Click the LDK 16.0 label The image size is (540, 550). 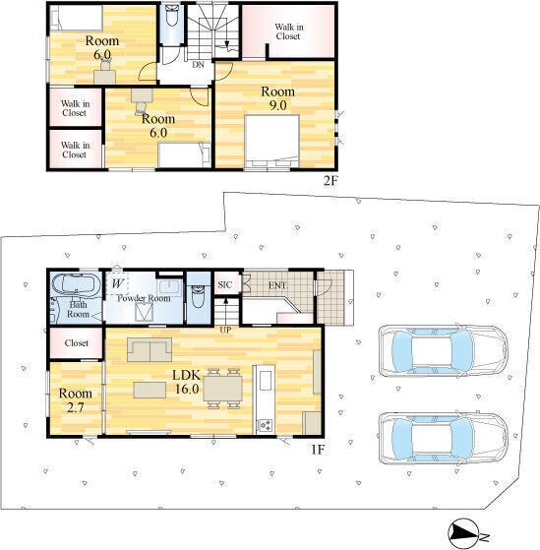(x=186, y=382)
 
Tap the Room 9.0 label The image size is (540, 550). (x=277, y=97)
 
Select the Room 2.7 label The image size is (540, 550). (x=76, y=400)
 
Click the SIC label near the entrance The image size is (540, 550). (x=225, y=284)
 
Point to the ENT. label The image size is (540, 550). (x=278, y=285)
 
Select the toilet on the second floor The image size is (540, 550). (x=172, y=17)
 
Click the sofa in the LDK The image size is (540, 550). (x=150, y=349)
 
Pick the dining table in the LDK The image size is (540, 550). (x=223, y=389)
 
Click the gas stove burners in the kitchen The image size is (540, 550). (x=265, y=425)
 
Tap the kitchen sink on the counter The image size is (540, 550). (x=266, y=381)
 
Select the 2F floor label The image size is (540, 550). (x=330, y=180)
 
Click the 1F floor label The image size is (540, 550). (x=318, y=450)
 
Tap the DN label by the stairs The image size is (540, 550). (x=198, y=65)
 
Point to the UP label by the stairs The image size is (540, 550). (x=225, y=330)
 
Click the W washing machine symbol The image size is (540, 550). (x=117, y=282)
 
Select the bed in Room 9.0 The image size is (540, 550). (x=272, y=141)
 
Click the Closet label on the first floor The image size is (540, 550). (x=77, y=342)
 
